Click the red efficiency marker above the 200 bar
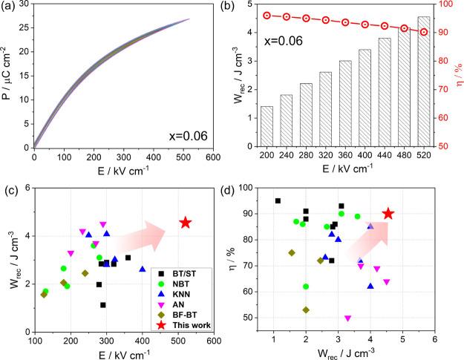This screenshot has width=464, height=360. click(x=267, y=15)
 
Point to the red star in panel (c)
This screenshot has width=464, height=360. click(x=186, y=223)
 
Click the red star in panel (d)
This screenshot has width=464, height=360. click(x=388, y=214)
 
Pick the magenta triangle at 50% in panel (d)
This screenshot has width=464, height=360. click(x=347, y=318)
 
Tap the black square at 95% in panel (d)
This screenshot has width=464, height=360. click(x=278, y=200)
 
